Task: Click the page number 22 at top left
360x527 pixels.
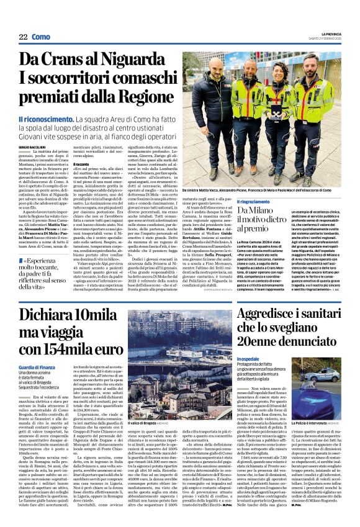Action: pos(22,37)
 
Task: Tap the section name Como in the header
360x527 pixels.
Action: pos(42,37)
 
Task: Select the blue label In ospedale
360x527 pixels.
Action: pos(250,359)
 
